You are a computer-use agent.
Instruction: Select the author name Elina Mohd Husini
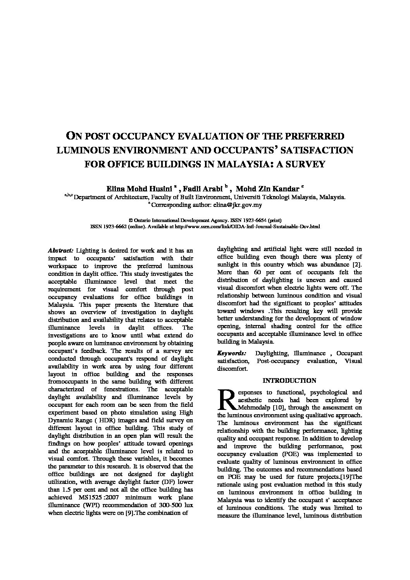(x=140, y=189)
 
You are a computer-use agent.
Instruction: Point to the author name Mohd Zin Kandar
(x=267, y=189)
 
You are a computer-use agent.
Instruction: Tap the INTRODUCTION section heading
(x=289, y=380)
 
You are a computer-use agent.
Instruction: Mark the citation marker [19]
(x=346, y=477)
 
